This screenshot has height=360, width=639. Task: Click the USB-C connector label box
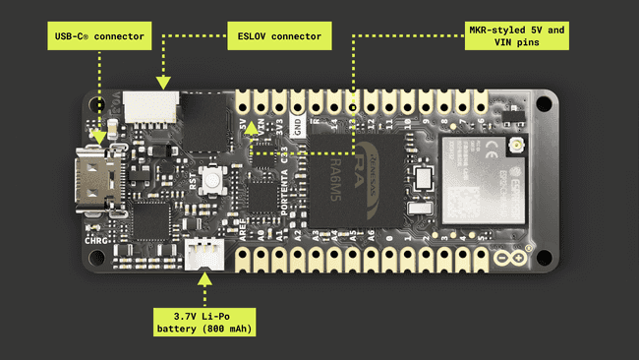click(98, 39)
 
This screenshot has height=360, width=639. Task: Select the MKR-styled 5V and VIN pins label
click(516, 38)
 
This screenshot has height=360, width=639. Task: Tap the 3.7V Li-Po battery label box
click(203, 321)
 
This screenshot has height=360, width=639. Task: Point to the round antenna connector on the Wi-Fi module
click(514, 149)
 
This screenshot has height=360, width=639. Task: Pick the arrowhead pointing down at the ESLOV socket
click(163, 80)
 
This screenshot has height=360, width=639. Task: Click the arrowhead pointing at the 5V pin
click(252, 127)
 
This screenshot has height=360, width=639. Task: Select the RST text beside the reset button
click(193, 181)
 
